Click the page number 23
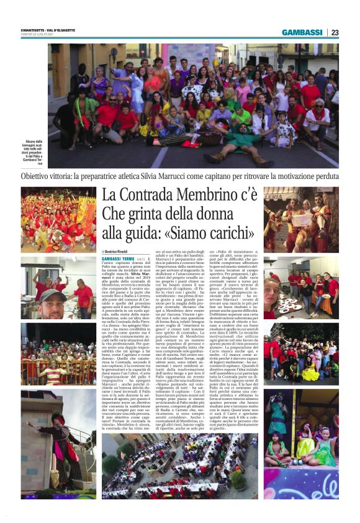335,32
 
